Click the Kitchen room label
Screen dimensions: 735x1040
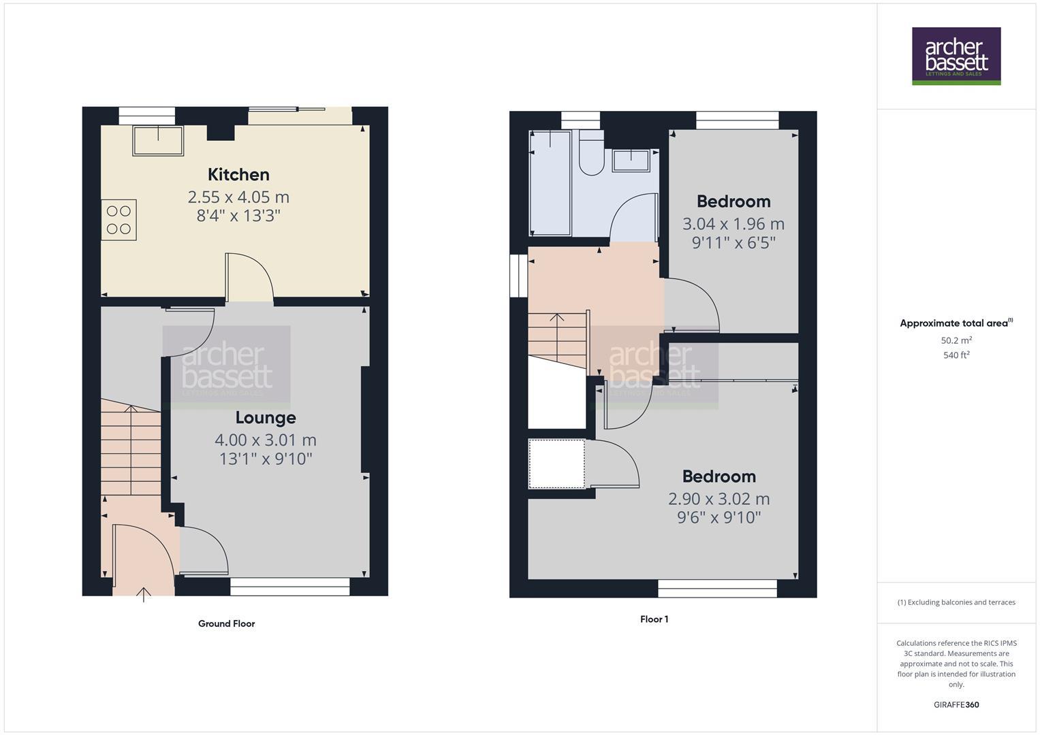point(238,175)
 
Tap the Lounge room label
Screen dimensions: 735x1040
point(266,418)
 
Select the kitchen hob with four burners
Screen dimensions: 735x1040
point(119,220)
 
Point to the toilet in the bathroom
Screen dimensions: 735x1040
point(590,155)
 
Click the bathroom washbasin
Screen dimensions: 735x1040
point(631,161)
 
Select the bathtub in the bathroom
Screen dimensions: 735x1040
point(550,183)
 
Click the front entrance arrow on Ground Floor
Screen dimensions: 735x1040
point(144,594)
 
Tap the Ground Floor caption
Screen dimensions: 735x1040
point(226,623)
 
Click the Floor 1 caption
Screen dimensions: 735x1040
point(654,619)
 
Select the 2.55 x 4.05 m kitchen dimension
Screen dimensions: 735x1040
point(238,197)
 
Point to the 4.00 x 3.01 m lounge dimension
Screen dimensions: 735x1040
point(266,440)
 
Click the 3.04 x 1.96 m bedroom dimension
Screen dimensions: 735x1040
point(734,224)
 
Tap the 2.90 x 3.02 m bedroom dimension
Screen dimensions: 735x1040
point(719,499)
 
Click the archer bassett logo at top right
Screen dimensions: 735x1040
point(956,56)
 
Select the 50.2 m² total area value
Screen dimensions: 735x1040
point(956,340)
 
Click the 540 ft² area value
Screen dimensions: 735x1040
point(956,355)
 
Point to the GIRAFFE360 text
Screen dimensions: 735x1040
point(956,705)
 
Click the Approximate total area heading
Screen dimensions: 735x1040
point(954,323)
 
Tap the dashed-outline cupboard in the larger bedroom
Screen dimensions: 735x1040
point(556,464)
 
